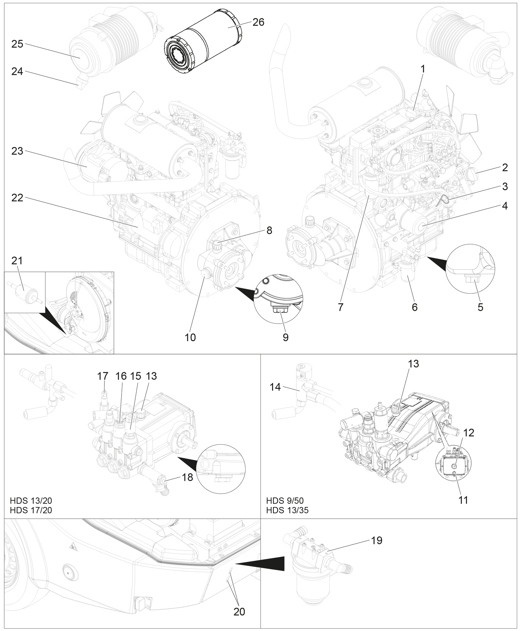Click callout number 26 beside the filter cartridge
pyautogui.click(x=258, y=22)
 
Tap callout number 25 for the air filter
pyautogui.click(x=17, y=44)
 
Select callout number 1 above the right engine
pyautogui.click(x=423, y=69)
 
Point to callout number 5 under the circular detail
pyautogui.click(x=480, y=307)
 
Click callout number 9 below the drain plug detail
pyautogui.click(x=286, y=337)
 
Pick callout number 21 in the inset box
pyautogui.click(x=17, y=261)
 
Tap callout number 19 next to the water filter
pyautogui.click(x=377, y=540)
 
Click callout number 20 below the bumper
pyautogui.click(x=239, y=611)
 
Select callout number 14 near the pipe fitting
pyautogui.click(x=275, y=387)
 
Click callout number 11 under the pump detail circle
pyautogui.click(x=463, y=500)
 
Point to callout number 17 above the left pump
pyautogui.click(x=103, y=376)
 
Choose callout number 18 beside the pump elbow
pyautogui.click(x=187, y=477)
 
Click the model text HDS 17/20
pyautogui.click(x=31, y=510)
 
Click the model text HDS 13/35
pyautogui.click(x=287, y=510)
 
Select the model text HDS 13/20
pyautogui.click(x=31, y=501)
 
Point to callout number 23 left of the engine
pyautogui.click(x=17, y=151)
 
